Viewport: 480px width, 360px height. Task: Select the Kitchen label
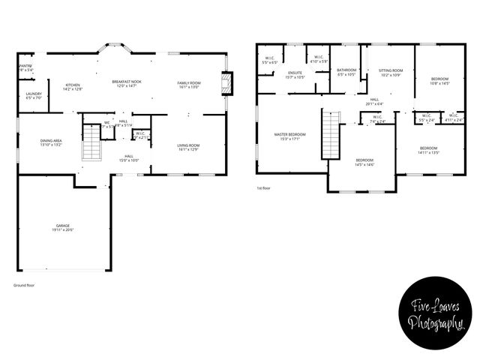[x=73, y=86]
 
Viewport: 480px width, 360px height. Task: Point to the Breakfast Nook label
[x=126, y=83]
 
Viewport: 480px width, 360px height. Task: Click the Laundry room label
[x=34, y=95]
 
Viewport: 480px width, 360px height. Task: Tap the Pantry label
[x=25, y=65]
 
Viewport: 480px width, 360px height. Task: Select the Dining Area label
[x=51, y=143]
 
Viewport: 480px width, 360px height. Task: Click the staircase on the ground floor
[x=91, y=144]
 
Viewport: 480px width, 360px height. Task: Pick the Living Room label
[x=187, y=147]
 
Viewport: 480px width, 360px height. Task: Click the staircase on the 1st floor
[x=331, y=135]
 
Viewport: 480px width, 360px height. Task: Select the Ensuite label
[x=295, y=74]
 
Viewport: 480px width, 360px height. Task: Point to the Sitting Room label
[x=390, y=71]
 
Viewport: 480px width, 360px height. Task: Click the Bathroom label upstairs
[x=346, y=71]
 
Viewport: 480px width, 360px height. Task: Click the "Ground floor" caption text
[x=24, y=285]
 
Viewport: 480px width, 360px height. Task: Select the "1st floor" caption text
[x=263, y=187]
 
